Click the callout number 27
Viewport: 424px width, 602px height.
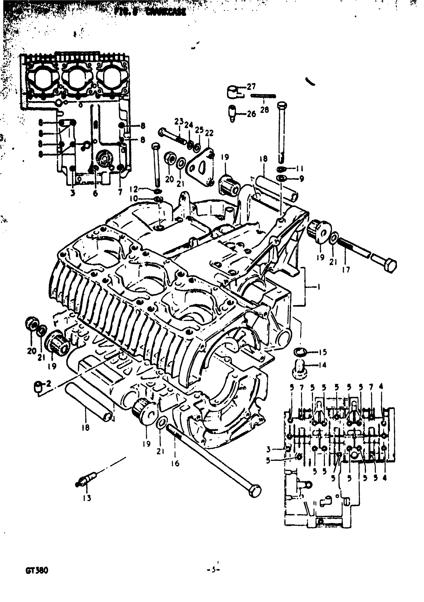point(251,86)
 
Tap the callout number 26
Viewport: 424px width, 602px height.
point(251,114)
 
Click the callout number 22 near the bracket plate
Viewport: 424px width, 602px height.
point(209,133)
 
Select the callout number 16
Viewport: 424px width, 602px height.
point(175,463)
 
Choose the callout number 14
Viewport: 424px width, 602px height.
point(322,365)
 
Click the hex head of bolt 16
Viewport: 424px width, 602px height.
point(254,491)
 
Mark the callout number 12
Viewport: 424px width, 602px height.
point(134,189)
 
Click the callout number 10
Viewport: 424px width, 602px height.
point(133,198)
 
